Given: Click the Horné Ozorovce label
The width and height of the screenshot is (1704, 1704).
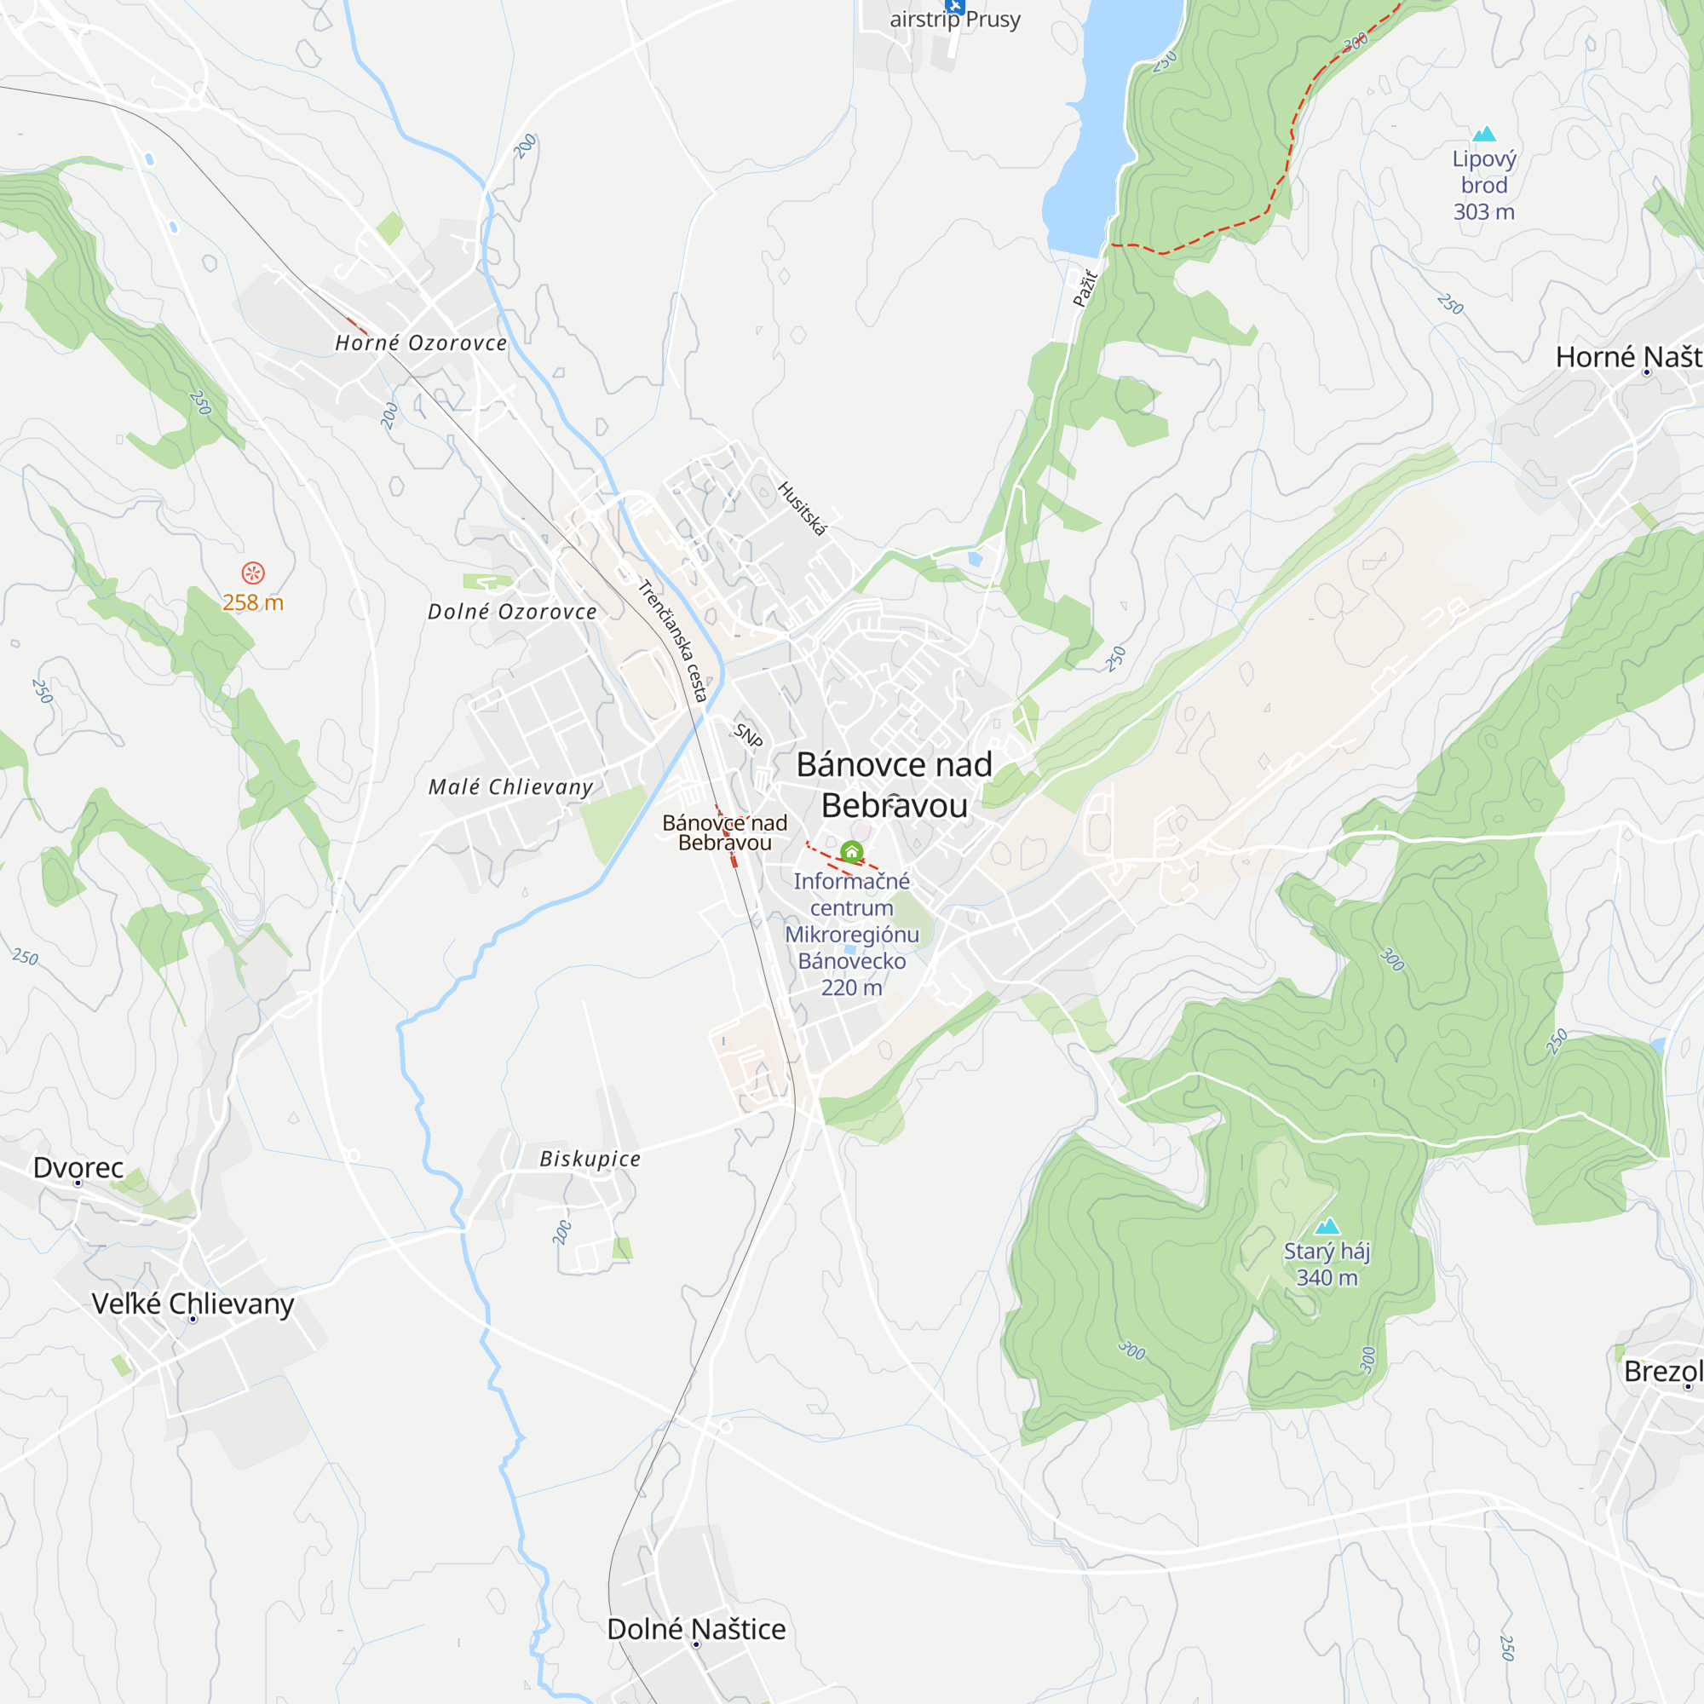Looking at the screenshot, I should [x=421, y=343].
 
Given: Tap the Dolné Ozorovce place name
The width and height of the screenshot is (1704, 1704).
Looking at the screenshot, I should [x=511, y=612].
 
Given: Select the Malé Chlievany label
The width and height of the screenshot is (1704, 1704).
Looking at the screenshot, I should [x=510, y=786].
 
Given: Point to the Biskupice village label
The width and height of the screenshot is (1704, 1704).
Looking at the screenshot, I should [x=590, y=1159].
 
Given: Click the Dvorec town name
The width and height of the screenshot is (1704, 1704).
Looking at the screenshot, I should [x=78, y=1168].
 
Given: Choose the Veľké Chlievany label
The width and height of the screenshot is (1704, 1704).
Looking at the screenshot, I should [x=193, y=1304].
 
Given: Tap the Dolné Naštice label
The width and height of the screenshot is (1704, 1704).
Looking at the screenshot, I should [x=696, y=1629].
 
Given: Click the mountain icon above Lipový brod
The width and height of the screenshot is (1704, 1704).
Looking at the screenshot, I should [x=1484, y=134].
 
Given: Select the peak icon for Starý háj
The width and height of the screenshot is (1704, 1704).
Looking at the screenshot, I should [x=1327, y=1227].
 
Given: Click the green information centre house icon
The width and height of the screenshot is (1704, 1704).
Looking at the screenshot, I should [x=851, y=852].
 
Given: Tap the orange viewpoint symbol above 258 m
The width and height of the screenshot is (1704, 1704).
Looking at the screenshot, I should [x=253, y=573].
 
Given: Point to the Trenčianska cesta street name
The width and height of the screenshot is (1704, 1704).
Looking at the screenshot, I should [x=673, y=641].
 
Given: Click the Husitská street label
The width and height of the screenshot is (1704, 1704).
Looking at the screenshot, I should [x=802, y=509].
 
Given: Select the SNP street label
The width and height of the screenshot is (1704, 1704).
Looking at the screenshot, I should [x=748, y=735].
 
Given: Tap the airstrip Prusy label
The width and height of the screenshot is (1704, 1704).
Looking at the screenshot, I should [x=955, y=20].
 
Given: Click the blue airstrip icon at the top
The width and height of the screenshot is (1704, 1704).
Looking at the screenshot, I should [x=954, y=4].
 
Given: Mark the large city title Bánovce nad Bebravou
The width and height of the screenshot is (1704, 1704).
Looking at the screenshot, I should [x=895, y=785].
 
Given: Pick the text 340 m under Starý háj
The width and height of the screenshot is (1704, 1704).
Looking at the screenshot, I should [x=1327, y=1277].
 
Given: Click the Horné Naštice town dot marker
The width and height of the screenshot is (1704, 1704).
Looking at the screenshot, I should [x=1647, y=373].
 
